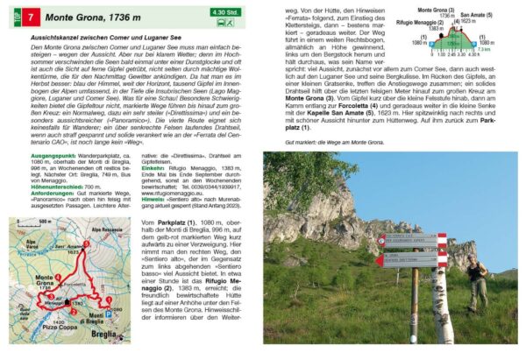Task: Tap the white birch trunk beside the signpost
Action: (442, 298)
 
